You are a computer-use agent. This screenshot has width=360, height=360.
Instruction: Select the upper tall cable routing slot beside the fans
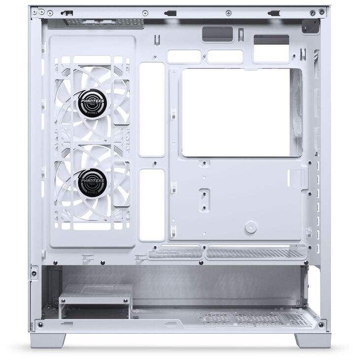click(152, 109)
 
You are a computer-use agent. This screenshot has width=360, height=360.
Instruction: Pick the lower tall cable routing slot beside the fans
click(152, 205)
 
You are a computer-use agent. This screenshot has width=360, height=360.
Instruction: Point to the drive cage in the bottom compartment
click(95, 300)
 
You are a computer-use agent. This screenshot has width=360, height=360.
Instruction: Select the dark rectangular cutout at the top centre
click(217, 34)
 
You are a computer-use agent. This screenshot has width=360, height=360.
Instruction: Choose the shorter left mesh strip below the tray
click(175, 254)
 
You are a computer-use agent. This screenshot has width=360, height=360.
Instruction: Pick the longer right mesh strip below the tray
click(254, 253)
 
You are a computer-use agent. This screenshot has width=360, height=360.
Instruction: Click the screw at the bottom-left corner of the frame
click(40, 325)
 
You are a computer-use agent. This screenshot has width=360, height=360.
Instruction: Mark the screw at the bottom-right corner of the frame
click(321, 325)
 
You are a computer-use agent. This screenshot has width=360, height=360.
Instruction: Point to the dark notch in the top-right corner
click(311, 27)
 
